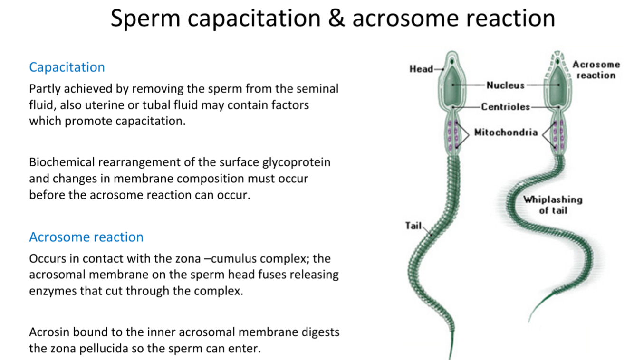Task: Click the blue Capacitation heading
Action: [67, 67]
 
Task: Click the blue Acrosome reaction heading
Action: [86, 237]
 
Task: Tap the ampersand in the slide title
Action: [336, 19]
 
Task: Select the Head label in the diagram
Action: [421, 69]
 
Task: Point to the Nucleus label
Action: [505, 85]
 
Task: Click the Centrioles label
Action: [505, 107]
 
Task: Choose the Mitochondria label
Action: [506, 133]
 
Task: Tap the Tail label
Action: [413, 226]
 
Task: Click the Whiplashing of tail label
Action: [553, 205]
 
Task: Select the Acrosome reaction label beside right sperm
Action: [596, 70]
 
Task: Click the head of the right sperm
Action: [558, 83]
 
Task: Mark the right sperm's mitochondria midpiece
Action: [558, 135]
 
